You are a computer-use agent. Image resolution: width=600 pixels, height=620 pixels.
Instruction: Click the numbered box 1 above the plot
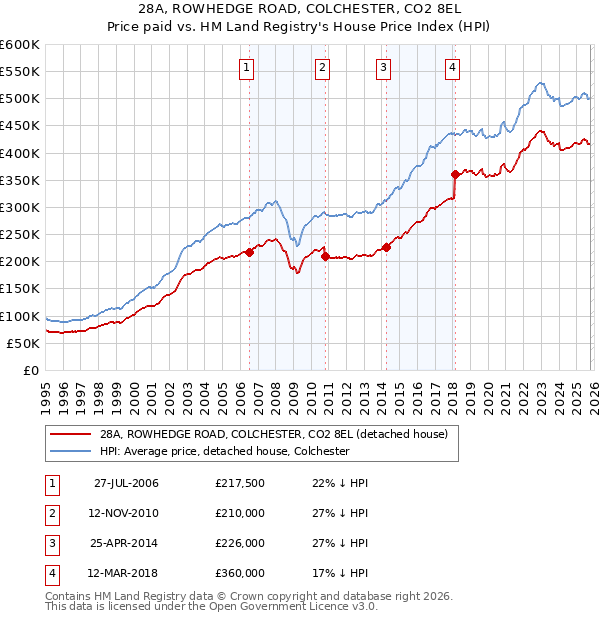pos(247,68)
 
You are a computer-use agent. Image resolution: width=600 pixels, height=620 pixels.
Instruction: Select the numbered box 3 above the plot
pos(384,68)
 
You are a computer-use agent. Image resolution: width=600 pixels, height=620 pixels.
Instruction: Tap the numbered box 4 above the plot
pos(453,68)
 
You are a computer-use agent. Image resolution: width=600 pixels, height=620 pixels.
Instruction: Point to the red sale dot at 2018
pos(455,174)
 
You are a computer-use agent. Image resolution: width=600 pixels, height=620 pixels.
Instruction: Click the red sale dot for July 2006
pos(249,252)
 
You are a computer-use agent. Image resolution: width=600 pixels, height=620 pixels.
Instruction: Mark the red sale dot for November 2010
pos(325,256)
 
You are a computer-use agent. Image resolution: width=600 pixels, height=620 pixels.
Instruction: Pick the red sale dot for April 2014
pos(386,247)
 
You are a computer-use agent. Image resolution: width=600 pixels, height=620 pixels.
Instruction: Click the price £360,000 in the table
pos(240,574)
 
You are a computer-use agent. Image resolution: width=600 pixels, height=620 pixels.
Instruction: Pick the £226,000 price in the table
pos(240,544)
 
